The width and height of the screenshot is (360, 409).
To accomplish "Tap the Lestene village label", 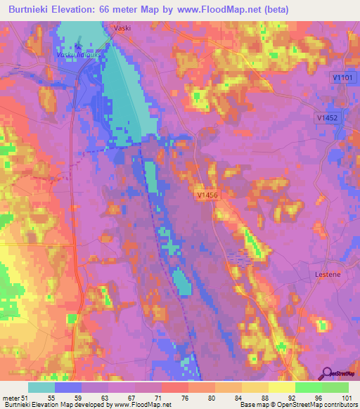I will pyautogui.click(x=327, y=274).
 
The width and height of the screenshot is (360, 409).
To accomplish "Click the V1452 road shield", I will pyautogui.click(x=327, y=119).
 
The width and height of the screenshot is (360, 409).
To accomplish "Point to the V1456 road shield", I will pyautogui.click(x=207, y=197).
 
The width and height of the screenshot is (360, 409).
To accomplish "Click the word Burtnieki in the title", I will pyautogui.click(x=31, y=10).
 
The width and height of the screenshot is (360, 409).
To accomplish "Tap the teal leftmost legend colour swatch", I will pyautogui.click(x=41, y=387).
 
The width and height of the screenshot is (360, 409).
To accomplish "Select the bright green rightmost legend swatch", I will pyautogui.click(x=335, y=387).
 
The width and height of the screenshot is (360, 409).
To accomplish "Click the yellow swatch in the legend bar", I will pyautogui.click(x=281, y=387).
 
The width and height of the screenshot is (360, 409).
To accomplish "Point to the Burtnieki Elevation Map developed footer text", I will pyautogui.click(x=56, y=405).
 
